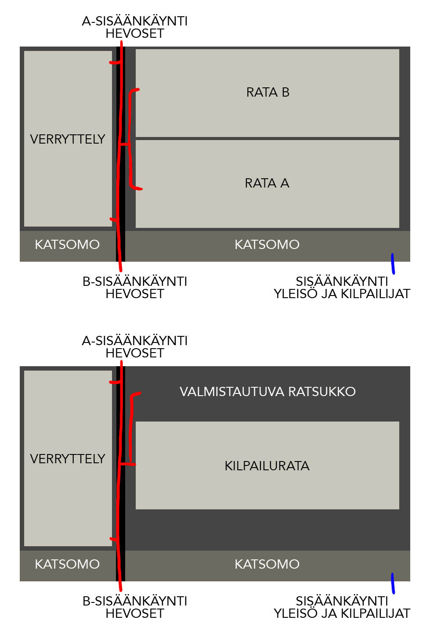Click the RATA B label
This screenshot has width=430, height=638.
coord(267,92)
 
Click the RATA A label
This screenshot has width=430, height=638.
coord(267,183)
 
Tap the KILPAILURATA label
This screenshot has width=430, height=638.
coord(267,466)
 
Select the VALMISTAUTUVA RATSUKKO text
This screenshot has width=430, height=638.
coord(267,392)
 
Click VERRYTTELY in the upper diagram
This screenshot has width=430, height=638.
coord(68,139)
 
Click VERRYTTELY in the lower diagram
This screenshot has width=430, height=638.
coord(68,459)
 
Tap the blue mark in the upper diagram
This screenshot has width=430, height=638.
coord(393,263)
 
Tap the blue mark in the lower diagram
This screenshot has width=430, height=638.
coord(393,583)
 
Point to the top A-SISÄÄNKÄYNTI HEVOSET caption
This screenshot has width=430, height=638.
coord(135,27)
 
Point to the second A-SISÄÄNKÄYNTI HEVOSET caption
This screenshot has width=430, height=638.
coord(135,347)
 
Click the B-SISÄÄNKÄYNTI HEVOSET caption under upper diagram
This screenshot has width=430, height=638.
coord(135,288)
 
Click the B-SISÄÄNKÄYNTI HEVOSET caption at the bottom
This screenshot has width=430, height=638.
coord(135,607)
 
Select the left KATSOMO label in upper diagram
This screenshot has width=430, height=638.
coord(67,245)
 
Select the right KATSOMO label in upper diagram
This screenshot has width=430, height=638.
coord(267,245)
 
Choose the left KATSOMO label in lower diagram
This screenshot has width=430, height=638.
coord(67,564)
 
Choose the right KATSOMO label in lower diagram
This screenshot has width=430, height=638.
coord(267,564)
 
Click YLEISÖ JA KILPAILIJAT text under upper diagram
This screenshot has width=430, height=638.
coord(342,294)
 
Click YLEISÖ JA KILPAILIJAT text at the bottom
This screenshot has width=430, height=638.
coord(342,613)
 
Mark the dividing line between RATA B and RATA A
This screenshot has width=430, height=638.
coord(267,139)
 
